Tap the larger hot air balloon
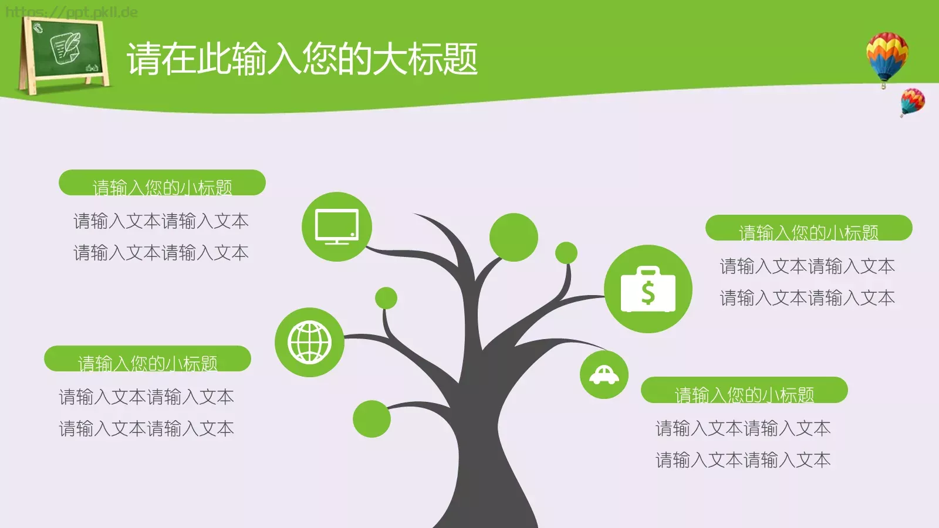(x=887, y=56)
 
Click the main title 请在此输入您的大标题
(x=302, y=59)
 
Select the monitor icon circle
(x=337, y=226)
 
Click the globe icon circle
(x=309, y=342)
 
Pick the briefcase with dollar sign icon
(x=648, y=289)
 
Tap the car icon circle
(x=604, y=375)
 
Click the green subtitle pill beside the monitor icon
(x=162, y=183)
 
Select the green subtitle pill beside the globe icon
(x=147, y=359)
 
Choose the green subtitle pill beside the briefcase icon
(x=809, y=228)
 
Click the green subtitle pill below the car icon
(x=744, y=390)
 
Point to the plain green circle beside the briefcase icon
(x=566, y=253)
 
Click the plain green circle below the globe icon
(x=371, y=419)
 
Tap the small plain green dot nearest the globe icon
(x=386, y=298)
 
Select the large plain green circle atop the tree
(x=514, y=237)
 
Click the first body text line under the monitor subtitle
(x=161, y=221)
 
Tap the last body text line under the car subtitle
(x=743, y=460)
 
